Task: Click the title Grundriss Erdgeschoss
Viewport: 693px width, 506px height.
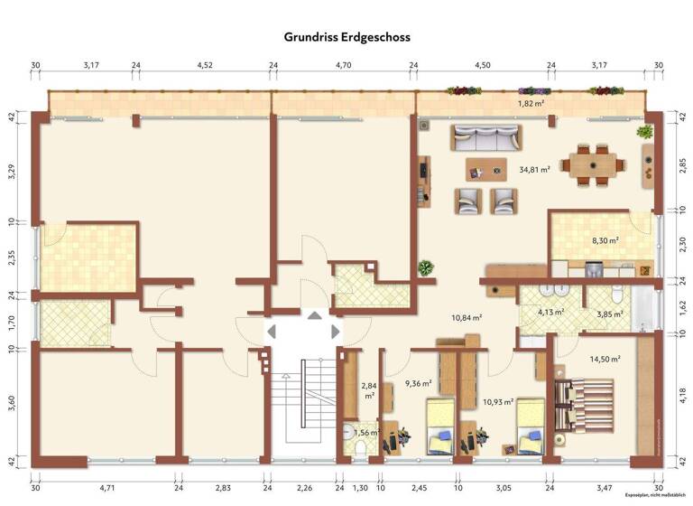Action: (x=347, y=37)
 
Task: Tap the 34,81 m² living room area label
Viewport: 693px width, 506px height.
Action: (x=534, y=169)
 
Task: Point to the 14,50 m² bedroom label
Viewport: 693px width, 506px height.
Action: (x=605, y=359)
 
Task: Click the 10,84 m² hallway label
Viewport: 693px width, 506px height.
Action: (x=467, y=318)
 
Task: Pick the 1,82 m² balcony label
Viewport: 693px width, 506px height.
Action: (x=531, y=104)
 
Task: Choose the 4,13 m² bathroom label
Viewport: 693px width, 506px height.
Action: (x=550, y=313)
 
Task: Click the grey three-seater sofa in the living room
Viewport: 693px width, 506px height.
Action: (x=486, y=138)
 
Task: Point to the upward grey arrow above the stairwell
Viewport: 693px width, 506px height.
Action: (x=314, y=315)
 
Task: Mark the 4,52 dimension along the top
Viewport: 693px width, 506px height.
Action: (x=205, y=65)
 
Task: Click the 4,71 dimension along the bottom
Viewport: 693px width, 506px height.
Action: (x=107, y=488)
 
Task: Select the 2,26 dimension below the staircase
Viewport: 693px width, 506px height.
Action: (x=304, y=488)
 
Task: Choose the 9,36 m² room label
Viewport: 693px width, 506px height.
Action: (x=418, y=383)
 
